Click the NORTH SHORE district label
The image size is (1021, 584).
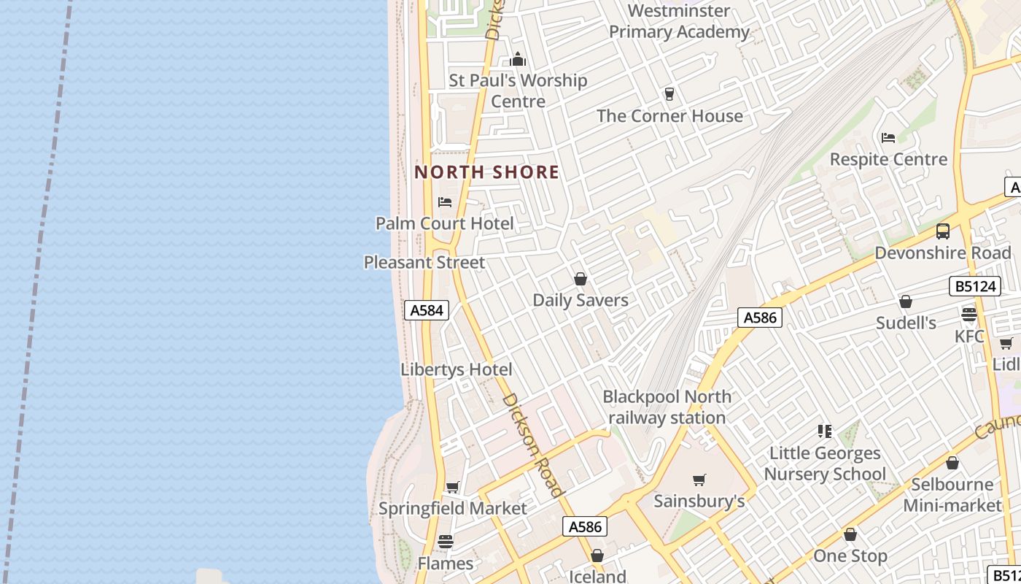pyautogui.click(x=486, y=172)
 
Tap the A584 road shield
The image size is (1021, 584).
pyautogui.click(x=427, y=310)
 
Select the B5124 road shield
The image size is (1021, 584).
pyautogui.click(x=975, y=286)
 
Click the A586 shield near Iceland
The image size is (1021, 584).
pyautogui.click(x=585, y=526)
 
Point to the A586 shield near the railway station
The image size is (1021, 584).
pyautogui.click(x=760, y=318)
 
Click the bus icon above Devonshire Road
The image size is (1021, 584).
pyautogui.click(x=943, y=231)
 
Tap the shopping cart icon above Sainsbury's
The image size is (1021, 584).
pyautogui.click(x=699, y=480)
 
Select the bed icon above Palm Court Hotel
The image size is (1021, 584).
pyautogui.click(x=445, y=202)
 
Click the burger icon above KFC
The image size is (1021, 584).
pyautogui.click(x=969, y=315)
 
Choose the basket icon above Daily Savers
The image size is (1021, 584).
pyautogui.click(x=581, y=279)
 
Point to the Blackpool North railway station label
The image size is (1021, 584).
pyautogui.click(x=667, y=407)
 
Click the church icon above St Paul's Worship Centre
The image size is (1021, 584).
pyautogui.click(x=518, y=59)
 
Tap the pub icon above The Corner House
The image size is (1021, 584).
pyautogui.click(x=669, y=94)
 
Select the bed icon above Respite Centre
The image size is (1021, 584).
pyautogui.click(x=888, y=137)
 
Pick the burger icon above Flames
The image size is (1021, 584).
pyautogui.click(x=446, y=542)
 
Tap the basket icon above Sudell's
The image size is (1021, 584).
pyautogui.click(x=906, y=301)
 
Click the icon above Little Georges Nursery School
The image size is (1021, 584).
pyautogui.click(x=825, y=431)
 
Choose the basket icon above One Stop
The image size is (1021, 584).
pyautogui.click(x=850, y=535)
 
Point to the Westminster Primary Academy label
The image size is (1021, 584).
pyautogui.click(x=679, y=21)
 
